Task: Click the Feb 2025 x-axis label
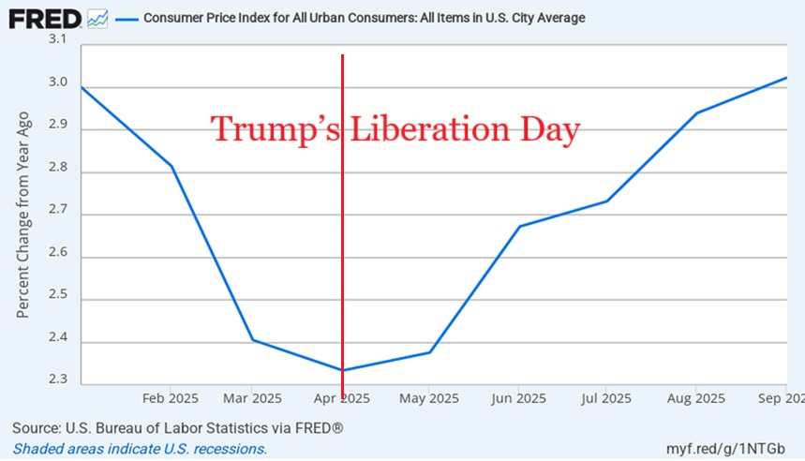170,398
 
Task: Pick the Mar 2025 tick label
252,398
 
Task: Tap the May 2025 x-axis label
428,398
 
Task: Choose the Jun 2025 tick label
517,398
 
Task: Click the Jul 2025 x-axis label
604,398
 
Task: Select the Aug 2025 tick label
694,398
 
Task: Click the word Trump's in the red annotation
276,129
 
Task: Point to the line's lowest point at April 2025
343,370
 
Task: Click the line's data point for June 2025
518,226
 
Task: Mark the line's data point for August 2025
695,112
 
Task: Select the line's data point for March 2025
253,339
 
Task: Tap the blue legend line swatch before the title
124,18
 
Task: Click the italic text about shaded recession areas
140,449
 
